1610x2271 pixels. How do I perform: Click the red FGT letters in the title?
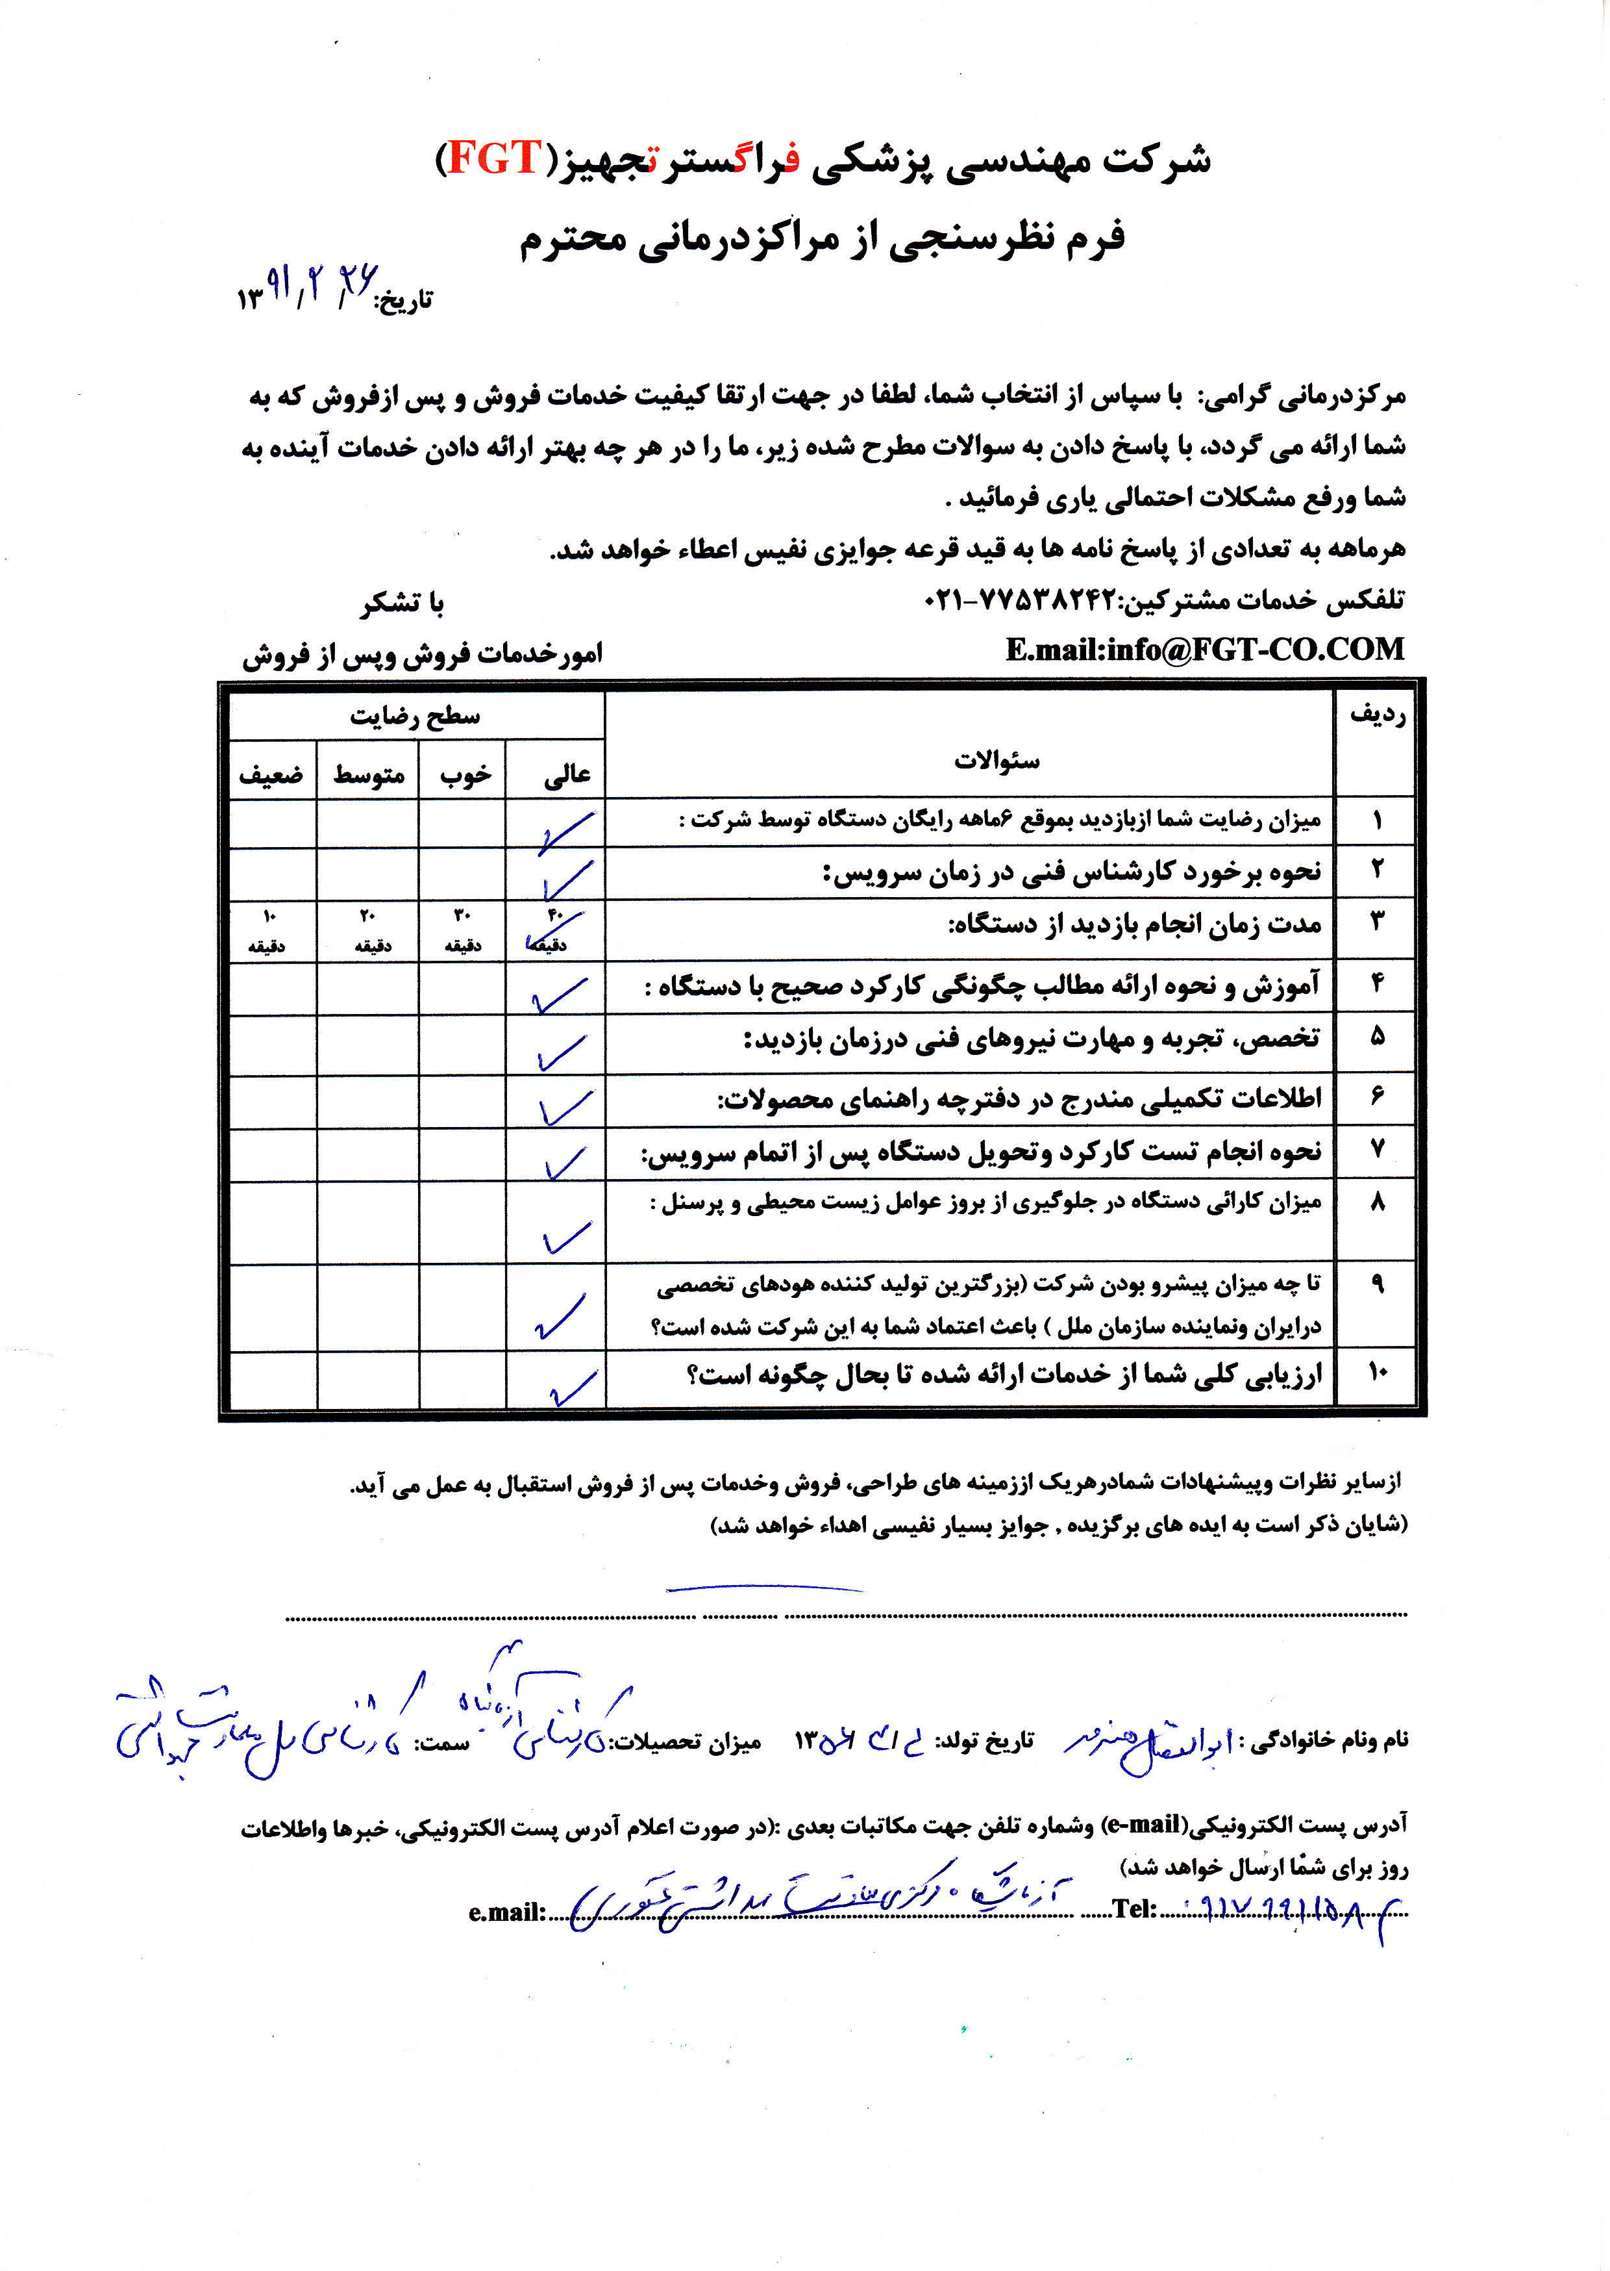click(493, 159)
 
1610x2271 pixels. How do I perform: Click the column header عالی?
click(566, 774)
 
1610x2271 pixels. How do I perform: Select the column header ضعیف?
click(271, 774)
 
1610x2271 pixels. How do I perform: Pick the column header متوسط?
click(368, 774)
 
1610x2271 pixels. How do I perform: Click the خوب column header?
click(465, 774)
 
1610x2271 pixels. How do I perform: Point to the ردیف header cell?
click(1376, 716)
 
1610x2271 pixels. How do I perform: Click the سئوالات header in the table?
click(997, 761)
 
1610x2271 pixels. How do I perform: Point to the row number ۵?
click(1376, 1037)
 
